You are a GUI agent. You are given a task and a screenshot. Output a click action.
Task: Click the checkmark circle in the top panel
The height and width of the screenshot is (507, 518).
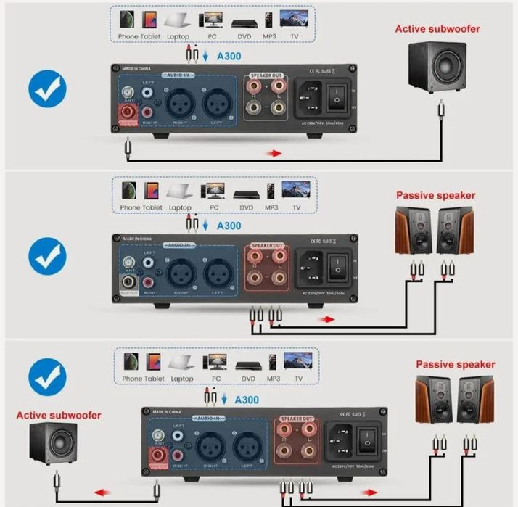point(47,90)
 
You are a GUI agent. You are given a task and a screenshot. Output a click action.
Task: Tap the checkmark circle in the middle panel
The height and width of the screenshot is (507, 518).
point(47,255)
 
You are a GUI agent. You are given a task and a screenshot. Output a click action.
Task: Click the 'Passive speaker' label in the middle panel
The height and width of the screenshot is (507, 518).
point(435,195)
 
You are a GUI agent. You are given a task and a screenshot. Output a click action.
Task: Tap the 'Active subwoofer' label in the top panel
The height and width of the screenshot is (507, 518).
point(437,29)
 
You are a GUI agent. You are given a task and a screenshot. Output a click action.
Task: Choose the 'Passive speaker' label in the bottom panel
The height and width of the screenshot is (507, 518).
point(455,364)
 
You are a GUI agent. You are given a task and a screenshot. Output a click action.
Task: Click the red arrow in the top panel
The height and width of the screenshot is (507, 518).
point(274,153)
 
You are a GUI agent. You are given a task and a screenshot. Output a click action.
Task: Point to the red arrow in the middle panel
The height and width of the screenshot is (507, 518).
point(328,318)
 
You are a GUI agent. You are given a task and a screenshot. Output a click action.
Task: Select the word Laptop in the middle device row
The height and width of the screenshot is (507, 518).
point(180,207)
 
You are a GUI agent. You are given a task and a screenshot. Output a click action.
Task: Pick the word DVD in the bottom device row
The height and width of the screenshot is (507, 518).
point(247,379)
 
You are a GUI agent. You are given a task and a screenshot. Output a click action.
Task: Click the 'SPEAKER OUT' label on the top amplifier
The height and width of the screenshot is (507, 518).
point(268,75)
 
